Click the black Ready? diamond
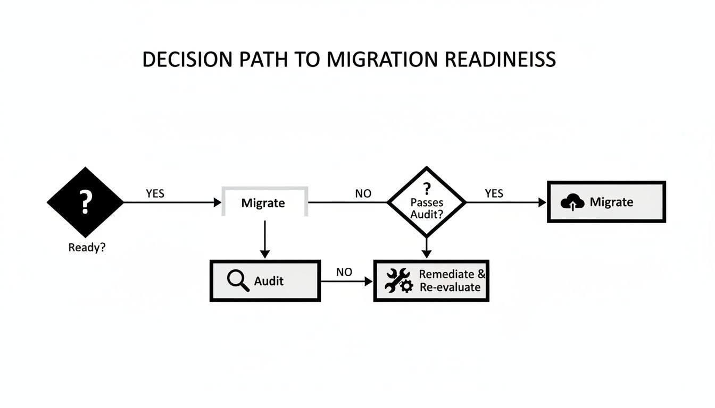[x=85, y=202]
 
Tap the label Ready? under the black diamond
[x=87, y=248]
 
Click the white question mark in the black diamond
[x=85, y=202]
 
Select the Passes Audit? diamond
[x=426, y=202]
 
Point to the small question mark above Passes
[x=426, y=189]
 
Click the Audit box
[x=265, y=280]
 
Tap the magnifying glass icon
[x=238, y=280]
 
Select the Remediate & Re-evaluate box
[x=431, y=280]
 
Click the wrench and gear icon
[x=398, y=281]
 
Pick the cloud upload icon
[x=572, y=202]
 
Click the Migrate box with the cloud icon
[x=606, y=202]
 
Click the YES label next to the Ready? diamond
[x=155, y=194]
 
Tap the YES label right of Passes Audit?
[x=494, y=194]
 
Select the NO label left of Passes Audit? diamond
[x=363, y=194]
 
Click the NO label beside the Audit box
[x=344, y=273]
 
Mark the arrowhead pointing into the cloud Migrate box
[x=543, y=202]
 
